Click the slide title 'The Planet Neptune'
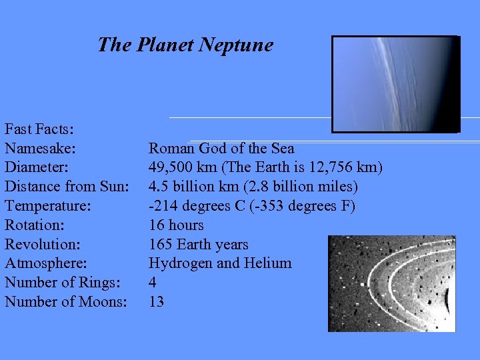[185, 45]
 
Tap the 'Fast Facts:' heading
[39, 128]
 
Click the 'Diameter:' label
[37, 167]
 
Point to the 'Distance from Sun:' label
[67, 186]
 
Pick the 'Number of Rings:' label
[63, 283]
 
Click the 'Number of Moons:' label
[66, 302]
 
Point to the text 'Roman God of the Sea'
[221, 148]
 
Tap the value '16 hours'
[176, 225]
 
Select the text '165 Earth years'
[198, 244]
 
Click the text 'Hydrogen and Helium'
[220, 263]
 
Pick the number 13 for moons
[156, 302]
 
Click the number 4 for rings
[153, 283]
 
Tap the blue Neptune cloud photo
[395, 84]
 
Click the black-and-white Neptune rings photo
[391, 283]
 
